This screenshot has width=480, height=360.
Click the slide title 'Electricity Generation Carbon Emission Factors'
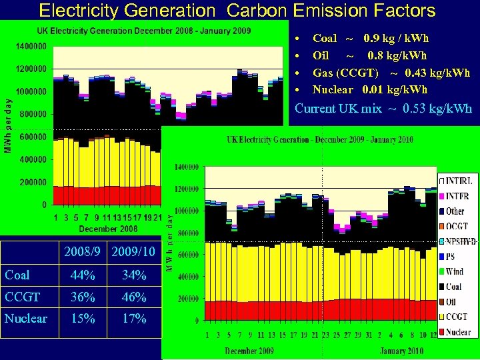[x=237, y=10]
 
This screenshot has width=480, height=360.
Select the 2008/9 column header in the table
[x=84, y=252]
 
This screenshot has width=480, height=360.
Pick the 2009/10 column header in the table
[x=134, y=252]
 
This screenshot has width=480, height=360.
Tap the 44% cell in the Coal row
[x=84, y=275]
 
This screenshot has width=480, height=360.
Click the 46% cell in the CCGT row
[x=134, y=297]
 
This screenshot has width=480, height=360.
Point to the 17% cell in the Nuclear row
[x=134, y=319]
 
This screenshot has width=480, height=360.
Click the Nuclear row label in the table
[x=26, y=319]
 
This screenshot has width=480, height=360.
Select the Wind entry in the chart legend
[x=455, y=271]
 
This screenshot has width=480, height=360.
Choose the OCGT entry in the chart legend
[x=457, y=226]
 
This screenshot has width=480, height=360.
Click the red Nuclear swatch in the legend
[x=442, y=332]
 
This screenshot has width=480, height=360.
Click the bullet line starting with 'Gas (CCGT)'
[x=391, y=73]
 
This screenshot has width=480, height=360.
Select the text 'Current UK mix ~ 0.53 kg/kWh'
[x=383, y=108]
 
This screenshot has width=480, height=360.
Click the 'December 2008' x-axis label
[x=109, y=229]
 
